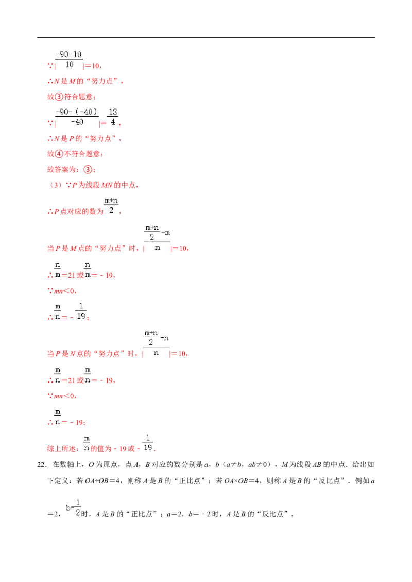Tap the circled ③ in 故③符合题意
tap(59, 97)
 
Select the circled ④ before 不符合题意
tap(59, 154)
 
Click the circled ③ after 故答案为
tap(88, 170)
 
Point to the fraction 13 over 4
tap(113, 117)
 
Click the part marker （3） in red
tap(56, 185)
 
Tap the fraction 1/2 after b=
tap(78, 507)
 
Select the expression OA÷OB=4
tap(102, 481)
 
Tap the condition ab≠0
tap(256, 464)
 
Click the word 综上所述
tap(61, 449)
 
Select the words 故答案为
tap(61, 170)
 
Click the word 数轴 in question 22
tap(74, 464)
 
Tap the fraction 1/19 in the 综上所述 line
tap(148, 443)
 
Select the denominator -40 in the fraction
tap(77, 122)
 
